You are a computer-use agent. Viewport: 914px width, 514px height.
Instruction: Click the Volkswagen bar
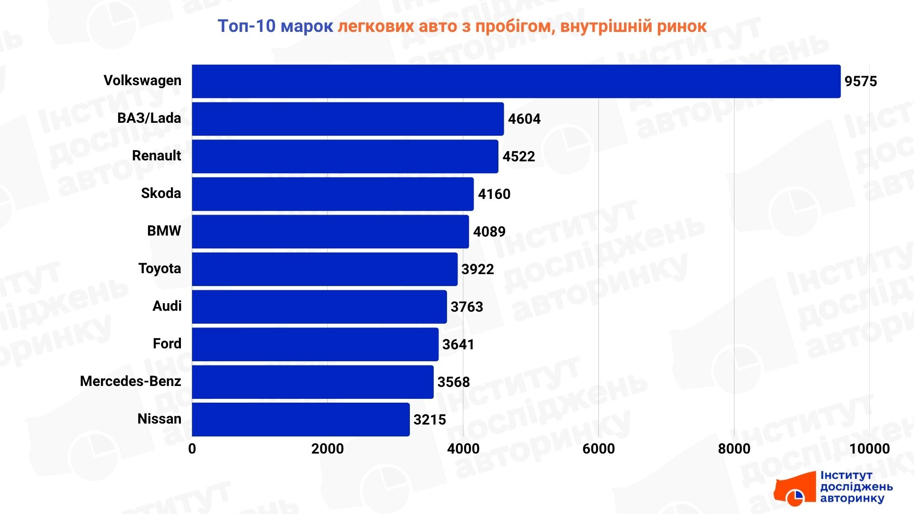click(516, 81)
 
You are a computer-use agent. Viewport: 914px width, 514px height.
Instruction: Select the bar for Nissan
click(300, 419)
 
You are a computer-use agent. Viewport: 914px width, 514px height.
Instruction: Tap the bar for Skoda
click(333, 194)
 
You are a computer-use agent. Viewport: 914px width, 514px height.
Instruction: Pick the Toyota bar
click(325, 269)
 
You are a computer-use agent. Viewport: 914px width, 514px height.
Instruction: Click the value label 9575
click(860, 81)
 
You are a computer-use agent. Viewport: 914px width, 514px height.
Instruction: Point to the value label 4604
click(524, 119)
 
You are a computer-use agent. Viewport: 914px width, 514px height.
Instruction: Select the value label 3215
click(429, 420)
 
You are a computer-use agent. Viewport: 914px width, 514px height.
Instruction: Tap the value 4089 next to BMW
click(489, 232)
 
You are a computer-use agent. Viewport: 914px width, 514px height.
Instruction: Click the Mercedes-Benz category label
click(130, 381)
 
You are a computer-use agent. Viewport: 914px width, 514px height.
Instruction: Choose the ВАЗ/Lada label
click(149, 118)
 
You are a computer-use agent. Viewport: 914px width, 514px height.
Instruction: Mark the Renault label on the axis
click(156, 156)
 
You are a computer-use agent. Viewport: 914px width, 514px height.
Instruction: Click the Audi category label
click(167, 306)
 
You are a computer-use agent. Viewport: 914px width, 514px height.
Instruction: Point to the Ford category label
click(167, 344)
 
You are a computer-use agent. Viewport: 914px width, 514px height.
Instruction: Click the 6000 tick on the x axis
click(598, 449)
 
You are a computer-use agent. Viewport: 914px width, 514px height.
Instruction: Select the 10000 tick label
click(869, 449)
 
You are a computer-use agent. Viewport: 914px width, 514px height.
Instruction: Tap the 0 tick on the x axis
click(192, 449)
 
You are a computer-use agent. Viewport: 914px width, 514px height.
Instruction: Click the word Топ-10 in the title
click(246, 26)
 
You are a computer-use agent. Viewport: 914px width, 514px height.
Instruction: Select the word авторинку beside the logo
click(852, 499)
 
